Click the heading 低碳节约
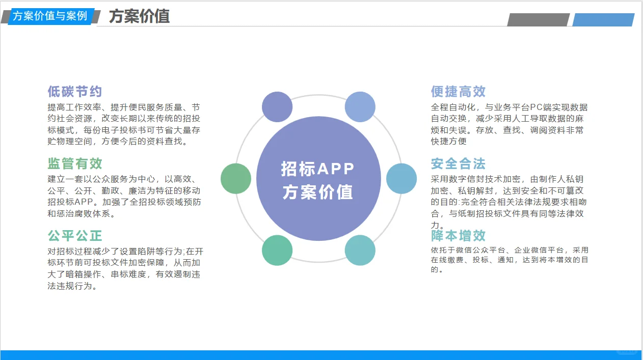click(75, 92)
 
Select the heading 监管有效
click(75, 163)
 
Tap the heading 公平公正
click(75, 236)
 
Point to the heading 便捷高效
click(458, 92)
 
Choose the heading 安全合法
click(458, 164)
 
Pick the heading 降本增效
click(458, 236)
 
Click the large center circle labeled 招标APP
click(318, 178)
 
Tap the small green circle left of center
click(236, 179)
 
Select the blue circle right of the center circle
click(401, 179)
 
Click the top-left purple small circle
click(277, 107)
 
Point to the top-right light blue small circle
click(360, 107)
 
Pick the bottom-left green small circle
click(277, 250)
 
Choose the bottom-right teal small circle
click(360, 250)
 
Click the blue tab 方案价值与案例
click(50, 16)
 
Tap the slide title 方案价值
click(139, 16)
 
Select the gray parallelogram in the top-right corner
click(538, 20)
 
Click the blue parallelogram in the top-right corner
click(603, 20)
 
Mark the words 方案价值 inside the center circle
click(318, 192)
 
